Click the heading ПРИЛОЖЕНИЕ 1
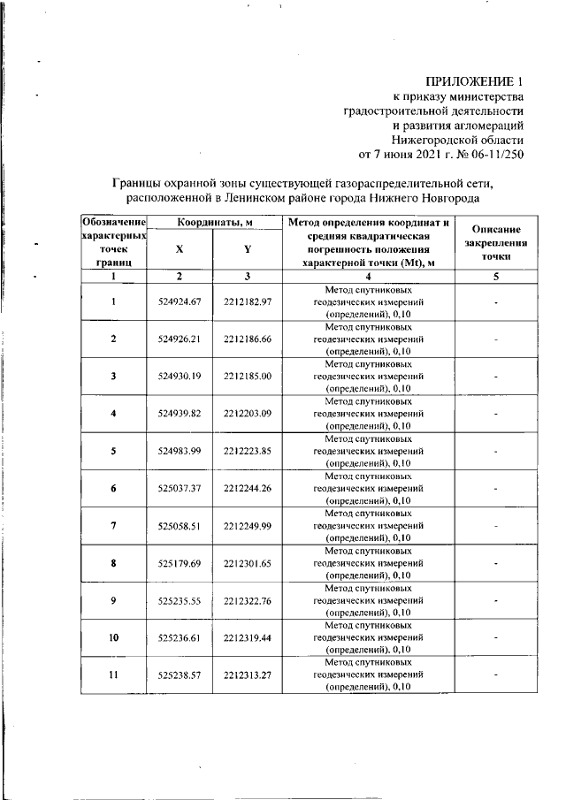coord(475,81)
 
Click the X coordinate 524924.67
coord(180,302)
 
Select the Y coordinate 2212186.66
coord(247,339)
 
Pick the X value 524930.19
coord(180,377)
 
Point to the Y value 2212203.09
coord(247,414)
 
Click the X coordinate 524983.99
coord(180,451)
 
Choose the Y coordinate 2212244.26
coord(247,488)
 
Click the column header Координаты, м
coord(213,221)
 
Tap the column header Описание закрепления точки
coord(496,241)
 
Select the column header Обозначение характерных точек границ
coord(113,241)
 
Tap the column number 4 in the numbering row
coord(368,277)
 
